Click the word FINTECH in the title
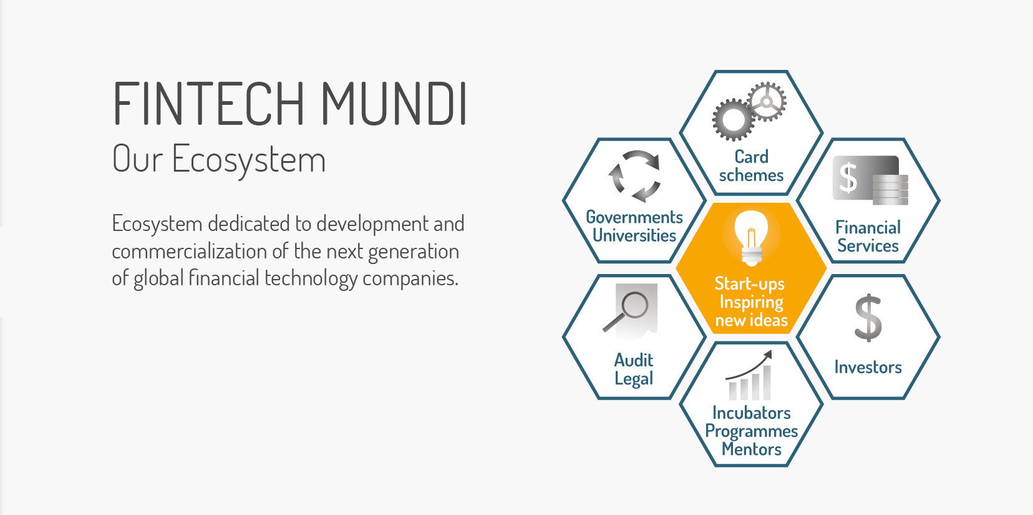click(208, 104)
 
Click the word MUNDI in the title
click(394, 104)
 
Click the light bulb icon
click(751, 238)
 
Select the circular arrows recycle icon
click(634, 176)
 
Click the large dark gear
click(733, 119)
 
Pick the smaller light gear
click(767, 102)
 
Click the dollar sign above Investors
click(868, 318)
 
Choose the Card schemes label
click(751, 166)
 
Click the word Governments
click(634, 217)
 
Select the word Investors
click(868, 367)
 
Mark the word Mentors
click(751, 449)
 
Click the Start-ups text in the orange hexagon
click(749, 284)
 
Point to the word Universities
click(634, 235)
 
